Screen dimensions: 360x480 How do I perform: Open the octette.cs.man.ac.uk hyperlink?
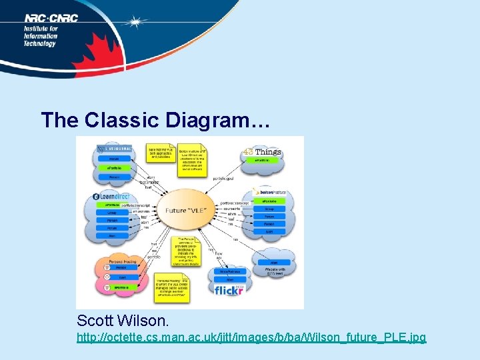[251, 338]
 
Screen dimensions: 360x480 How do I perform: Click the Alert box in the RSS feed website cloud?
[273, 263]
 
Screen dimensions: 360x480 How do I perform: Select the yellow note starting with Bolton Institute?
[193, 159]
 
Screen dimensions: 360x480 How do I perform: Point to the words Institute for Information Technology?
[41, 36]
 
